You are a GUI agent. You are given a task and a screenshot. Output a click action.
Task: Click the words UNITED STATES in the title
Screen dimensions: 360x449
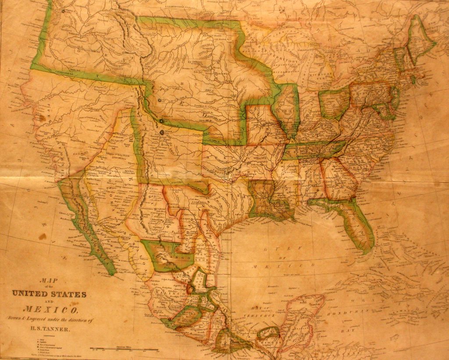pyautogui.click(x=49, y=294)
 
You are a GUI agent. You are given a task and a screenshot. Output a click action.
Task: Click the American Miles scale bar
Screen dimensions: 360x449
pyautogui.click(x=124, y=349)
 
